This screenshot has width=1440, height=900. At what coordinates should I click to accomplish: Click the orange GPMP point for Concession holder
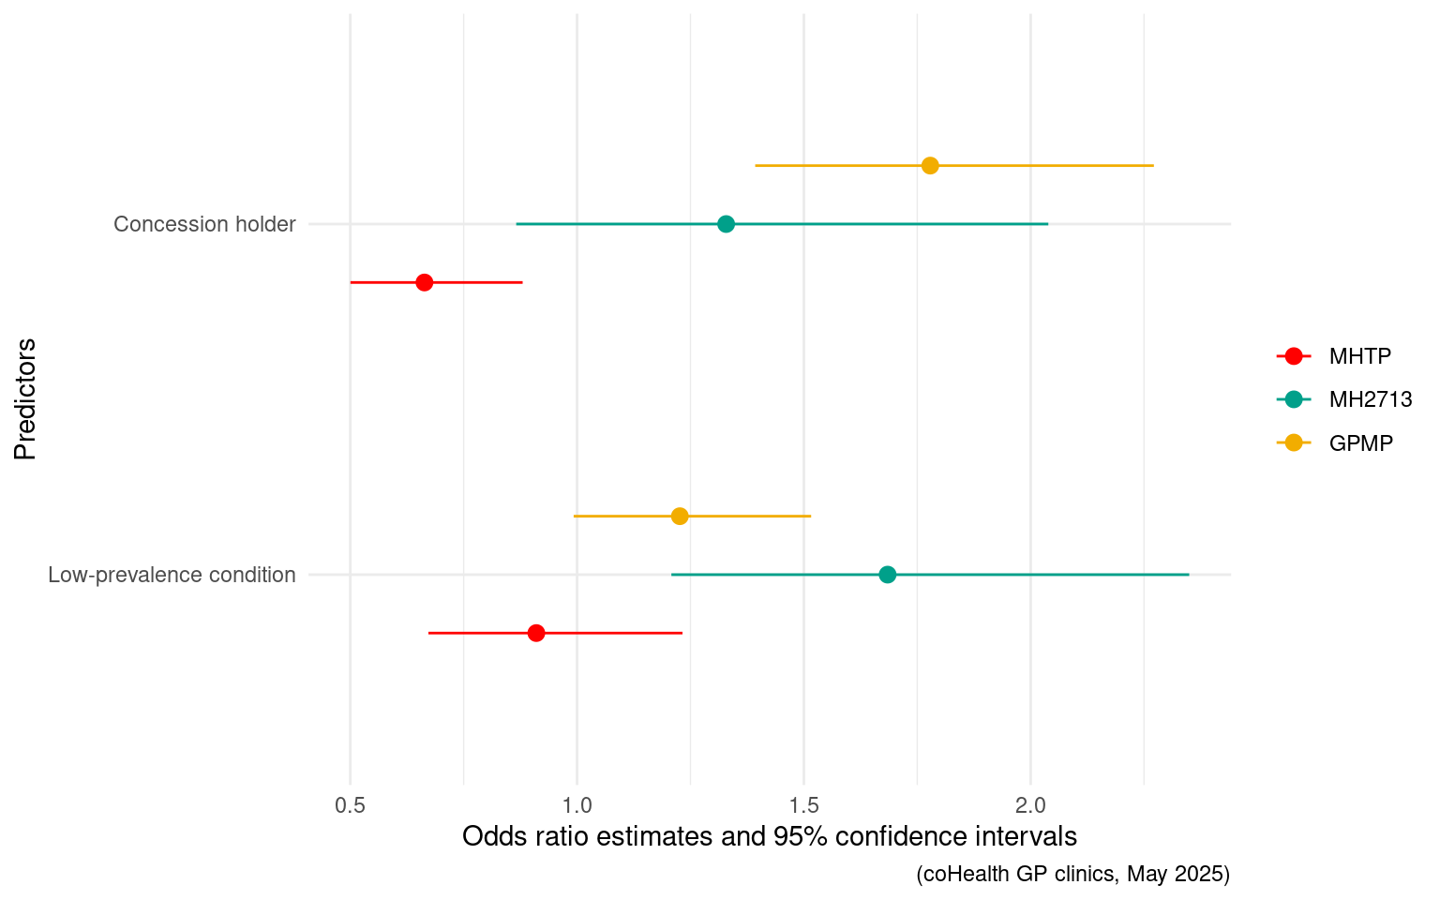point(930,166)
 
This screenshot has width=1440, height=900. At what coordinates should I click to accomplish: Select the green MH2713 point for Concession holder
point(726,224)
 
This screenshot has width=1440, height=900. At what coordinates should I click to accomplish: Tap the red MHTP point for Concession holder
point(425,282)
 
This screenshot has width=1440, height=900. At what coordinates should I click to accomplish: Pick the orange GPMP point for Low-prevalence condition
point(680,517)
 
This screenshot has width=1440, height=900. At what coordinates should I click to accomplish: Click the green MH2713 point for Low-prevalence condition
point(888,575)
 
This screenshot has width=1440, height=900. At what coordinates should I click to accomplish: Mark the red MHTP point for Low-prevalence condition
point(536,633)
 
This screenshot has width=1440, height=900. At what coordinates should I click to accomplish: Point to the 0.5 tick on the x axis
point(351,805)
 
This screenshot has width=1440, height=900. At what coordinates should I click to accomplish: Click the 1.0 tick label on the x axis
point(577,805)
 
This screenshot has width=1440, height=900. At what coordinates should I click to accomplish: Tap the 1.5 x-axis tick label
point(804,805)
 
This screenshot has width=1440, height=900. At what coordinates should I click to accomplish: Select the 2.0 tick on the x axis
point(1031,805)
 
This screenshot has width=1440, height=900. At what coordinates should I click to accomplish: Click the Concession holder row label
point(204,224)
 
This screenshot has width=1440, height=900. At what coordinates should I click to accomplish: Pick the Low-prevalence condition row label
point(172,575)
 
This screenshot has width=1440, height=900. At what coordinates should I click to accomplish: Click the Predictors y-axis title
point(25,399)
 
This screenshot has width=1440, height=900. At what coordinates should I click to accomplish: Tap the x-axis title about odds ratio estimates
point(770,836)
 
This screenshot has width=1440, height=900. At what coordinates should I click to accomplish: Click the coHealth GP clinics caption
point(1072,874)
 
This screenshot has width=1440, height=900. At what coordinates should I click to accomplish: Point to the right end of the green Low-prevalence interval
point(1189,575)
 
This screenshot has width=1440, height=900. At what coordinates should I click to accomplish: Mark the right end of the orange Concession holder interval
point(1153,166)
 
